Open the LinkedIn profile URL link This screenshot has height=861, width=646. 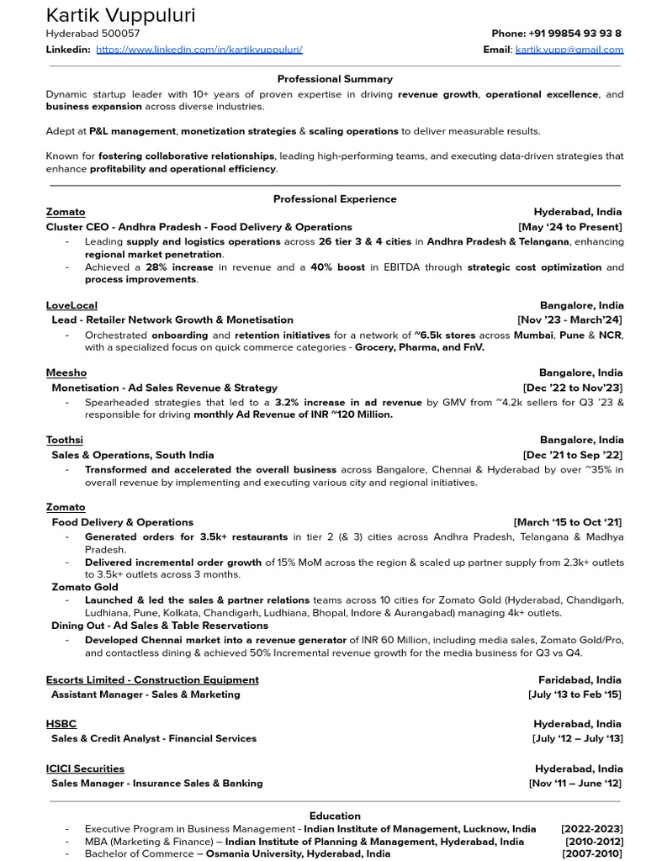click(199, 50)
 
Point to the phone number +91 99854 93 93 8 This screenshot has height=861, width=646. click(575, 34)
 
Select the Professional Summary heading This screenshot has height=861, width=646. click(335, 79)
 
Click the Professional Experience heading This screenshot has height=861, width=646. click(335, 199)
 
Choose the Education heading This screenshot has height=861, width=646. click(335, 816)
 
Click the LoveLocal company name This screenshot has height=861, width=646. click(71, 305)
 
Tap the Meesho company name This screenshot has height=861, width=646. click(66, 372)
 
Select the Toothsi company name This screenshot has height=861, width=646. click(65, 440)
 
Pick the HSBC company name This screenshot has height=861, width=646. click(61, 723)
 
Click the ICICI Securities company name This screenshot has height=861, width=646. click(85, 769)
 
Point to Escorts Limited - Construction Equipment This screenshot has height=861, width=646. click(152, 679)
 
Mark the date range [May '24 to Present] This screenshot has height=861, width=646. click(570, 227)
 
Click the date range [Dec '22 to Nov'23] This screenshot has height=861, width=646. click(572, 388)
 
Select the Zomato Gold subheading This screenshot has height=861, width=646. click(85, 587)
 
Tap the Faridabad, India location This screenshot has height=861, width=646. click(580, 679)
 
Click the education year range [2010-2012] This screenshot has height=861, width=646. click(594, 842)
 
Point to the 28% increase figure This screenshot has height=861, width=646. click(179, 267)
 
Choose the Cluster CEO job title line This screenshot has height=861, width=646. click(199, 227)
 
